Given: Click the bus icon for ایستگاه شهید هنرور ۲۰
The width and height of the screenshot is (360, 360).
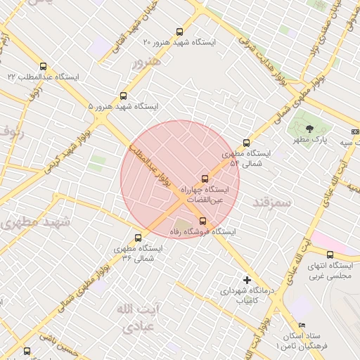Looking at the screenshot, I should tap(179, 32).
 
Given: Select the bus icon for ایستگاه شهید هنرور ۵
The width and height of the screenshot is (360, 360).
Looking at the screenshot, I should tap(124, 96).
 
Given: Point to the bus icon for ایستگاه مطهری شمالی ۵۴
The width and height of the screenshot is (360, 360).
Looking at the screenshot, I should tap(245, 143).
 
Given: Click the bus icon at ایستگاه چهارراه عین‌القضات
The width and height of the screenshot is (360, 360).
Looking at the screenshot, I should tap(205, 179).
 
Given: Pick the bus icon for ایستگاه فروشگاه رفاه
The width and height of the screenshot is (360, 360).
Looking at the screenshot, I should tap(203, 221).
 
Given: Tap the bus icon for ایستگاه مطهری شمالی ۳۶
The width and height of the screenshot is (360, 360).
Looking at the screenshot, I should tap(138, 237).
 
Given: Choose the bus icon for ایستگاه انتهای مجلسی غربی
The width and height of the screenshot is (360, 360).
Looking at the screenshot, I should tap(330, 254).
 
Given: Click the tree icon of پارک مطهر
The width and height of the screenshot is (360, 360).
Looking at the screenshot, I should tap(310, 127).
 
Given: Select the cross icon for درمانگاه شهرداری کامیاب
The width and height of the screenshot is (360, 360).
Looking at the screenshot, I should tap(246, 280).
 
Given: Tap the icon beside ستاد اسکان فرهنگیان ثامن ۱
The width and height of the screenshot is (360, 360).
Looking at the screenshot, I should tap(302, 325).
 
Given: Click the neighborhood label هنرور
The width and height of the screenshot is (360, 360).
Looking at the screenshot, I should tap(146, 62).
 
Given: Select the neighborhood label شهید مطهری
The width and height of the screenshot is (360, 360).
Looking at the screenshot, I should tap(36, 222).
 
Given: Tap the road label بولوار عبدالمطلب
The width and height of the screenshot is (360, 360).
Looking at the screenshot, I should tap(146, 162).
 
